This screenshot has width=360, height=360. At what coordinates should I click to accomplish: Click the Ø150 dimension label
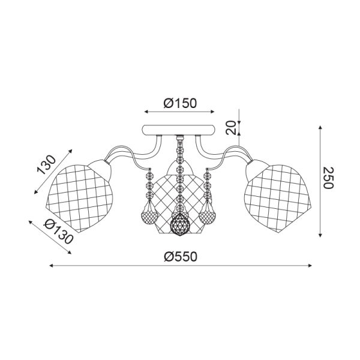[x=180, y=103]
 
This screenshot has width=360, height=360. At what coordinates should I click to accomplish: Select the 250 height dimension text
[x=328, y=178]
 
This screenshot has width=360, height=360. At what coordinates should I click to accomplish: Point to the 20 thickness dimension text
[x=231, y=128]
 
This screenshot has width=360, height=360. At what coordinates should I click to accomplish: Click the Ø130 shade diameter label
[x=59, y=231]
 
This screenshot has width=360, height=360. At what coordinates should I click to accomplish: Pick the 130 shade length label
[x=46, y=165]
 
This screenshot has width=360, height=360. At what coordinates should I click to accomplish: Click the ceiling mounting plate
[x=179, y=130]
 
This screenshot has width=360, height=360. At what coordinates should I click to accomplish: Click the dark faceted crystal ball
[x=179, y=225]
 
